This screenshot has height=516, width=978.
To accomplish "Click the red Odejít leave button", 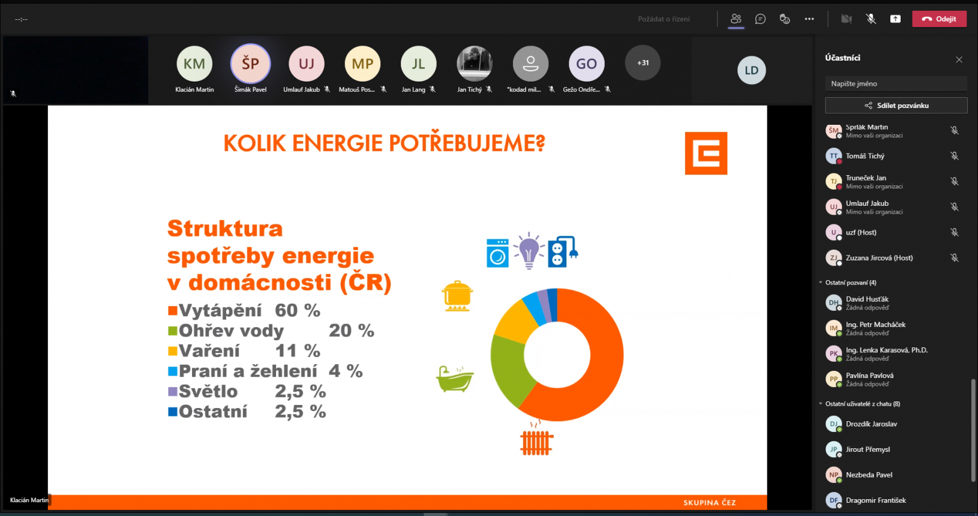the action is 939,19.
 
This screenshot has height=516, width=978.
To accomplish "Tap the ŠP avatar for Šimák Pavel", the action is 250,63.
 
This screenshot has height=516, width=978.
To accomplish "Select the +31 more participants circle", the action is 642,63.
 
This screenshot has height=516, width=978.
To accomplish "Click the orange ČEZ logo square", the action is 706,153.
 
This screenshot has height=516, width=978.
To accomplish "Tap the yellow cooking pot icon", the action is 457,296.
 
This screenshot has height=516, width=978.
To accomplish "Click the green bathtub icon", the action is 455,379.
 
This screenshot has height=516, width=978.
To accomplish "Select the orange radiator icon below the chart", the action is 536,438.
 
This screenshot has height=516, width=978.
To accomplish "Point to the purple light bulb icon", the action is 529,250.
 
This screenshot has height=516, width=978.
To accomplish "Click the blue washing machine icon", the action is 497,253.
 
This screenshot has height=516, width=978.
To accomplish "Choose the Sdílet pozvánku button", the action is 896,106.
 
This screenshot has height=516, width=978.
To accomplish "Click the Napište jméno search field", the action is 896,83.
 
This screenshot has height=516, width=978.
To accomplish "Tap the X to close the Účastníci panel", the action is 959,59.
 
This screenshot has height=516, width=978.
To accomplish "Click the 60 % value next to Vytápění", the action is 298,310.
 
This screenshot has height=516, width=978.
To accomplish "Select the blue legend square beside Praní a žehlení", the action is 173,371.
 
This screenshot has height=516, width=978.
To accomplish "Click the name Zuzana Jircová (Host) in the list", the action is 880,257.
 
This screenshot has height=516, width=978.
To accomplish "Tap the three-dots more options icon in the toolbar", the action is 809,19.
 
